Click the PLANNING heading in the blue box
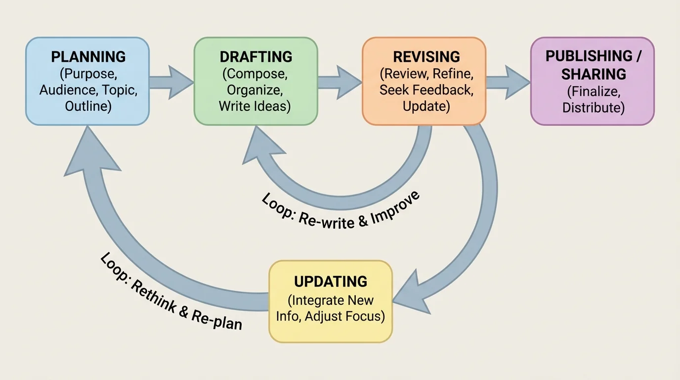pos(88,57)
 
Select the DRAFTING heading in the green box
pos(256,57)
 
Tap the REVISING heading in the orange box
pos(426,57)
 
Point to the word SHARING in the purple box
pos(594,74)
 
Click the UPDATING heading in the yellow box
pos(331,282)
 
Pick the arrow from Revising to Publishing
pos(508,82)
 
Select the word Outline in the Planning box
pos(85,106)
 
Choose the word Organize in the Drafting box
pos(255,90)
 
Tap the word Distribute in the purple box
pos(593,107)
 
